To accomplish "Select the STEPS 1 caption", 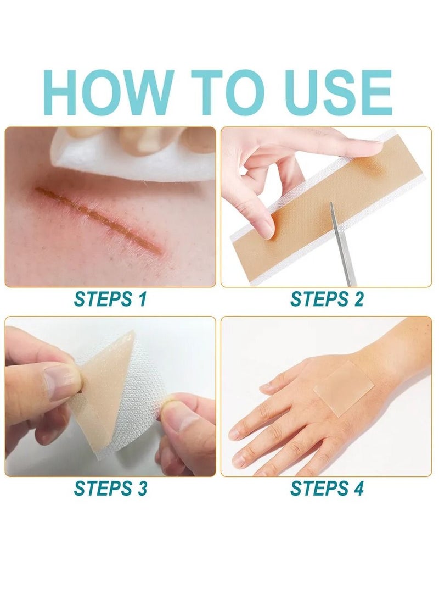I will (x=110, y=299).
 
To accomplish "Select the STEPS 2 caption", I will (x=327, y=299).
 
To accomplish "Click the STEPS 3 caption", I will (x=110, y=488).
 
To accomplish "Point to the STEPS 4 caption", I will (x=327, y=488).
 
